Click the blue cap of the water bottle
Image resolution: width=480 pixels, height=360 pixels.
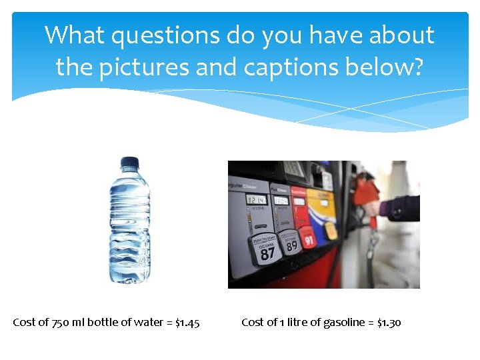click(x=129, y=162)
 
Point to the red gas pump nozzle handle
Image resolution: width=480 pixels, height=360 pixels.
click(x=366, y=193)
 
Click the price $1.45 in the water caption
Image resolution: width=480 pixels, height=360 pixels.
click(x=187, y=323)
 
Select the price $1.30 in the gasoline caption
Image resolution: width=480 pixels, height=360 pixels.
click(x=389, y=323)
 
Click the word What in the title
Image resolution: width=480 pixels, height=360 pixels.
click(x=75, y=35)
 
